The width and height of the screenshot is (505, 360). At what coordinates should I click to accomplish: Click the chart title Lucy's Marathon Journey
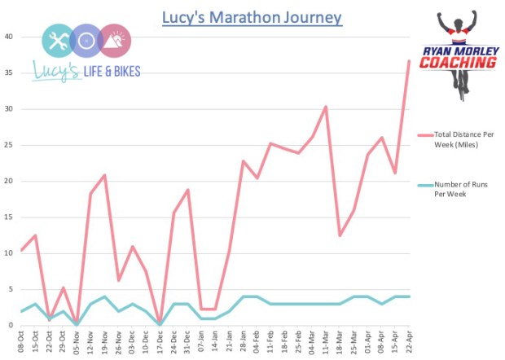click(x=252, y=17)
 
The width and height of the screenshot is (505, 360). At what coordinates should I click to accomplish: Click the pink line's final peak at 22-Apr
click(x=409, y=61)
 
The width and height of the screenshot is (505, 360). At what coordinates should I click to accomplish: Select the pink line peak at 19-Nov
click(x=104, y=175)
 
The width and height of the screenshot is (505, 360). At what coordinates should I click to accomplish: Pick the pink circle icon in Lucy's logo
click(x=115, y=40)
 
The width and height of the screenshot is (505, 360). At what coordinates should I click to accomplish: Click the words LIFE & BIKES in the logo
click(x=112, y=72)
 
